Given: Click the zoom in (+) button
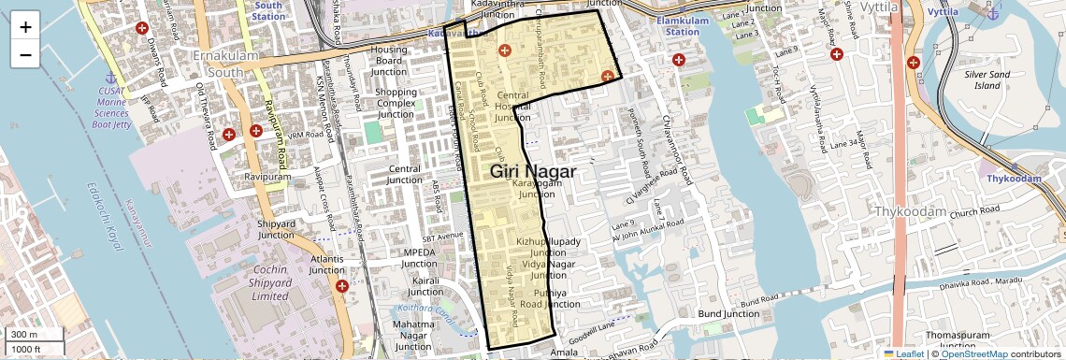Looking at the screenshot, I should coord(25,27).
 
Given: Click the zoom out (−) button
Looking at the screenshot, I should coord(25,54).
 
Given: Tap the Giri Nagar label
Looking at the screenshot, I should coord(532,171).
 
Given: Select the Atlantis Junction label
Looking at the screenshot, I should coord(327,265).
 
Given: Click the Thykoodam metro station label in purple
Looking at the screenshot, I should coord(1008,179).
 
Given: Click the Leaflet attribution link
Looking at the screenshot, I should coord(901,353).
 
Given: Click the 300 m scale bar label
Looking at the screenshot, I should coord(24,335).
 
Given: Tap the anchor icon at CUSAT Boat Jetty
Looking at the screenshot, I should coord(109,77).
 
